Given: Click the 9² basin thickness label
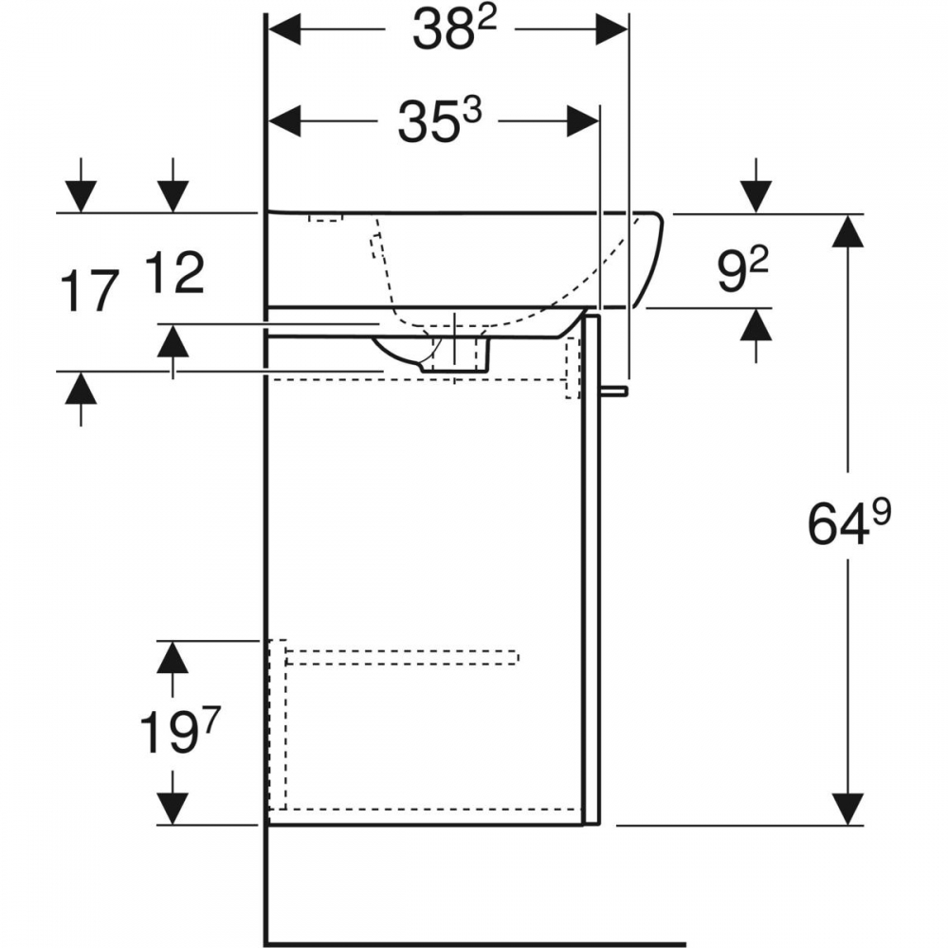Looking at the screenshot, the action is [x=743, y=271].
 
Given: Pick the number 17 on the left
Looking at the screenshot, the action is [x=91, y=292].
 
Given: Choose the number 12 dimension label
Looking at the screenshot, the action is [x=174, y=273].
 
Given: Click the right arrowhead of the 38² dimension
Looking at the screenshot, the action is [x=611, y=29].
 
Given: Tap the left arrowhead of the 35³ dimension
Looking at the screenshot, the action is [x=284, y=121].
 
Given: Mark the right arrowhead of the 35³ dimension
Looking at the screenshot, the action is [x=583, y=121].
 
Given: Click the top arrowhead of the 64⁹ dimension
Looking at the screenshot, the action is [x=848, y=230].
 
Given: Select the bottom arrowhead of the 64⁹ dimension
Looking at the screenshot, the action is [x=848, y=809].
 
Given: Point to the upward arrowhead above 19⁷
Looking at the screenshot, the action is [x=173, y=657].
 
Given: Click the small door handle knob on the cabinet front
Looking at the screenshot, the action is [x=613, y=392].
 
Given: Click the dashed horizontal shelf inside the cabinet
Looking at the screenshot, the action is [x=402, y=657].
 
